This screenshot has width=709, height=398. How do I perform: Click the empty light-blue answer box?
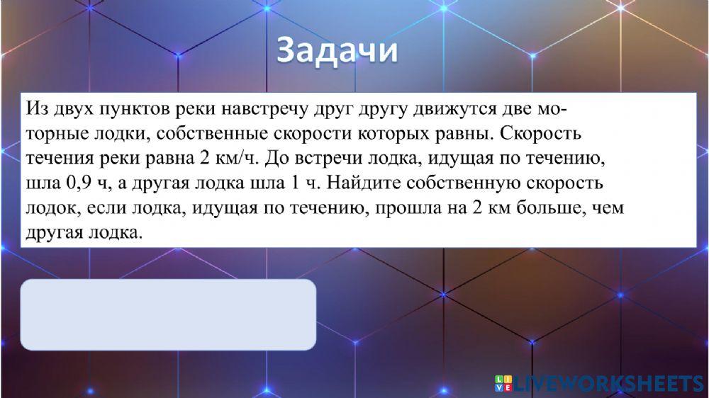(168, 314)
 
